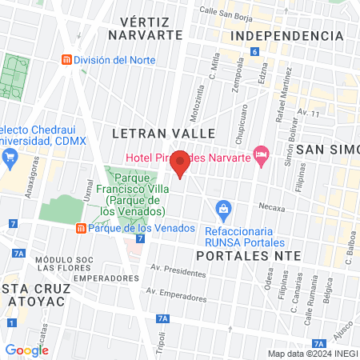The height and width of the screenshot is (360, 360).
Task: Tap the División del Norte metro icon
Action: point(67,60)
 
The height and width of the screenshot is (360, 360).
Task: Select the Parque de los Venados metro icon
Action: point(81,228)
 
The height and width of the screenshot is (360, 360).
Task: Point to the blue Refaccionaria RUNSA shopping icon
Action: point(224,211)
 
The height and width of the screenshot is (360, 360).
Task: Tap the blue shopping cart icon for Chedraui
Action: point(10,155)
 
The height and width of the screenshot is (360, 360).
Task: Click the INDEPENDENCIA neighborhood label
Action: point(286,36)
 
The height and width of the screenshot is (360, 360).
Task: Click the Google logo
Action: point(26,350)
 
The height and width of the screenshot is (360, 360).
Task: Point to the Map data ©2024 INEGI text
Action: point(311,354)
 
